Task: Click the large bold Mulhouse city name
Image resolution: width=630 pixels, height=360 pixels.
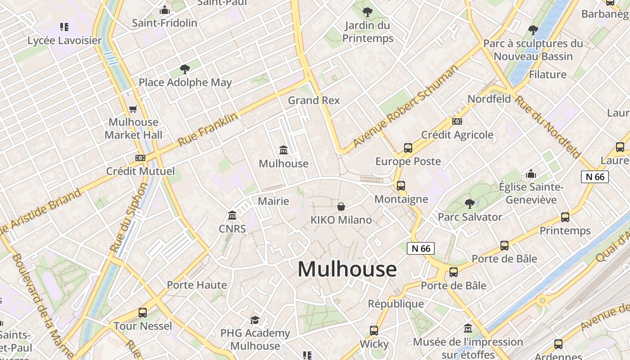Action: coord(347,269)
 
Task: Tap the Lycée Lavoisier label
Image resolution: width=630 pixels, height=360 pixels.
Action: coord(65,40)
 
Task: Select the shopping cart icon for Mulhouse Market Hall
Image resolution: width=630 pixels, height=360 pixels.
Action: coord(133,109)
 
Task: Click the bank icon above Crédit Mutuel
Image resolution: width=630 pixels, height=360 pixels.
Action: coord(140,158)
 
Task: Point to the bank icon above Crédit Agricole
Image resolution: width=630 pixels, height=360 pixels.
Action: coord(457,121)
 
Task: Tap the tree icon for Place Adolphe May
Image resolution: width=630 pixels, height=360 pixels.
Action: coord(184,69)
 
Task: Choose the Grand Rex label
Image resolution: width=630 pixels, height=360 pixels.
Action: coord(314,100)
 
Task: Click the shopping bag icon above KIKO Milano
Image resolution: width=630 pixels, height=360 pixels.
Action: coord(341,207)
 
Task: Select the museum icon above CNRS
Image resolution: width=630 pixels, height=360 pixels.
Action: coord(232,216)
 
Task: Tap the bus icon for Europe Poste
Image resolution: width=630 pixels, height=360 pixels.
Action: coord(408,148)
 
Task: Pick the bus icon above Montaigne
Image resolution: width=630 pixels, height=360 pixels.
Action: coord(401,185)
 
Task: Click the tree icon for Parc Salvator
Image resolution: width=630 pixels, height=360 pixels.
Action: coord(470,203)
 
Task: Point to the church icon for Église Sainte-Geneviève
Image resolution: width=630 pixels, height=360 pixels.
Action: coord(531,174)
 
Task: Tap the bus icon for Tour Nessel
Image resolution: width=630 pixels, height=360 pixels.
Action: coord(143,312)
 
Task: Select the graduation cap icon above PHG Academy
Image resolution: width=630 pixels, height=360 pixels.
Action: coord(255,320)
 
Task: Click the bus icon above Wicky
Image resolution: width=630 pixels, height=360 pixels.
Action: coord(374,331)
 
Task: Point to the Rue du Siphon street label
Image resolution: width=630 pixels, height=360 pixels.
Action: coord(129,217)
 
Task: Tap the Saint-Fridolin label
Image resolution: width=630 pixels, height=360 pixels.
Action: coord(164,23)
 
